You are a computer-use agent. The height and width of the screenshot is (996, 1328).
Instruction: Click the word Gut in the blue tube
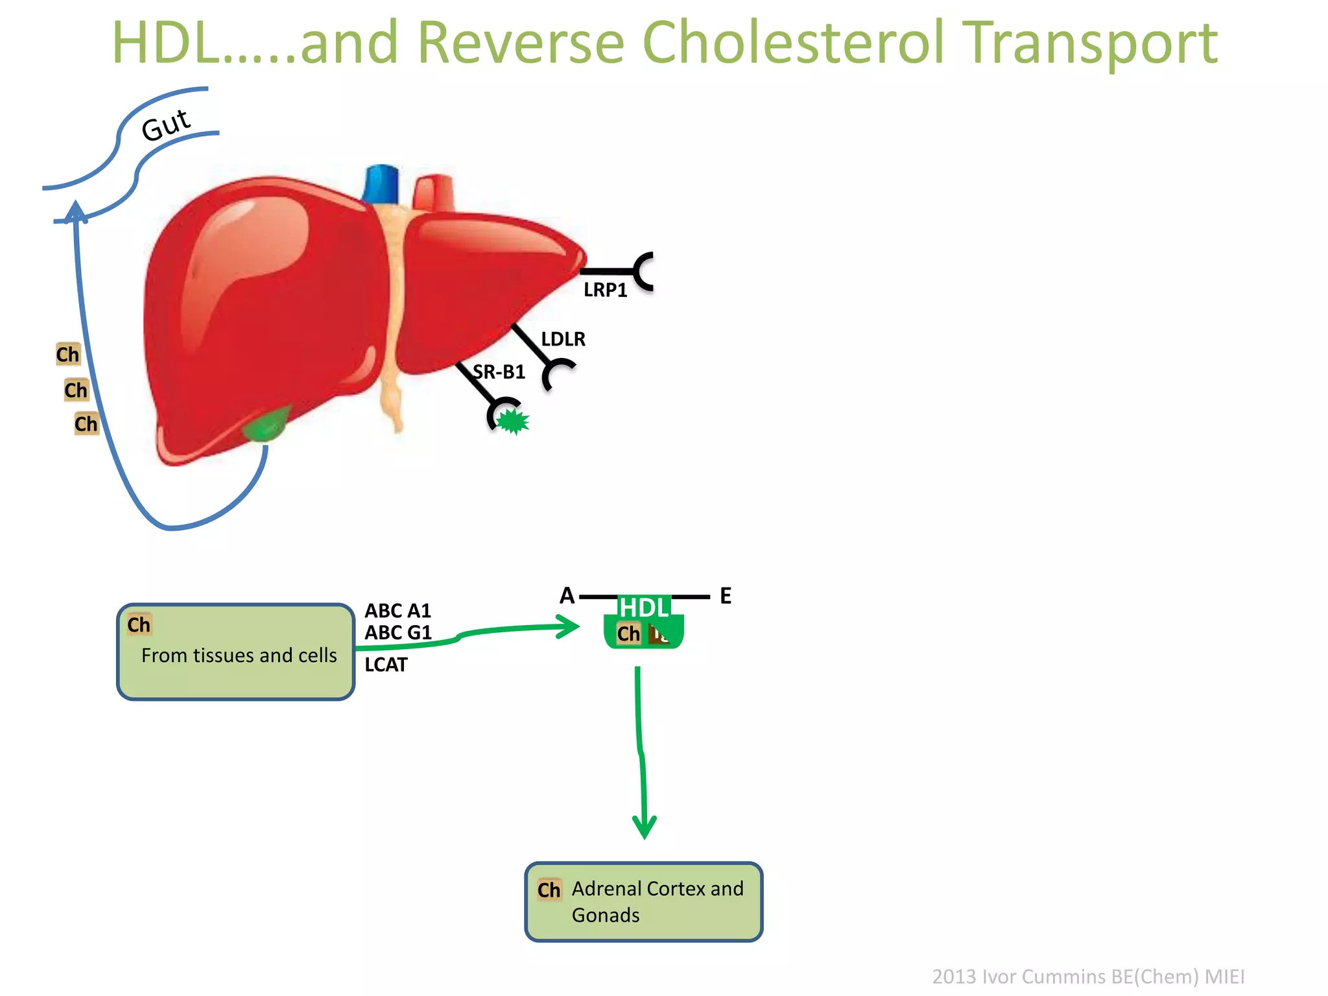(166, 124)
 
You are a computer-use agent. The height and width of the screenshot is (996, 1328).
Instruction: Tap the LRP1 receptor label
(605, 290)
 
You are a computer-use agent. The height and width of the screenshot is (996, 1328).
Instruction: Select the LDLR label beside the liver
(563, 339)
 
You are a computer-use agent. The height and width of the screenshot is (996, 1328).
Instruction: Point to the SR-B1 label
(499, 372)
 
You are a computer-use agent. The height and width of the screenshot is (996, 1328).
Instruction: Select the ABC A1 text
(397, 611)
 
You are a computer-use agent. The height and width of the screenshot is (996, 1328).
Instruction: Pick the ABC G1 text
(397, 633)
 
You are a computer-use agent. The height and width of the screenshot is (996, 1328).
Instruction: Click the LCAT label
(386, 665)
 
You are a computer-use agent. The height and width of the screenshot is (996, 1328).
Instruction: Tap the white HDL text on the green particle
(643, 608)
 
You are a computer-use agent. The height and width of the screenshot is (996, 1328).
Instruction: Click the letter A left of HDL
(567, 595)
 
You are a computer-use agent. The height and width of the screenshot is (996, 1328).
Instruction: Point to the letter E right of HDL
(726, 596)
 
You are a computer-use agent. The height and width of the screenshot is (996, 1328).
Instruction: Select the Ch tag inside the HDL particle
(628, 634)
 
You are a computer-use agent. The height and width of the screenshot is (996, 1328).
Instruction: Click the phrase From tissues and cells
(239, 656)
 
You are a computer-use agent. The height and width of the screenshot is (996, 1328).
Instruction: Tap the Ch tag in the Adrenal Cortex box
(549, 890)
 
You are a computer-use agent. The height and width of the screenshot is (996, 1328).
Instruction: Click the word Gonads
(605, 916)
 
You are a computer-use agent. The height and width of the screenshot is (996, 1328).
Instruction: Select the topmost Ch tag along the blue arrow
(67, 355)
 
